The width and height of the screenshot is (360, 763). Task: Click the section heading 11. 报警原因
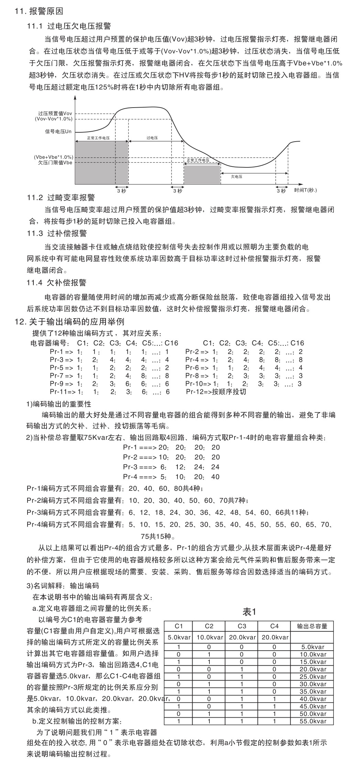coord(39,11)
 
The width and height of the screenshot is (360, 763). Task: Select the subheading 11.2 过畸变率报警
coord(61,198)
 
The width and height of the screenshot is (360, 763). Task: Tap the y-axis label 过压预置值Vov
coord(55,113)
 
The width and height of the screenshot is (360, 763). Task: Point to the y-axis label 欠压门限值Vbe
coord(55,163)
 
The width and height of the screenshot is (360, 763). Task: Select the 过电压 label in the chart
coord(152,138)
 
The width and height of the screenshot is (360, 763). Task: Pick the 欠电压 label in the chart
coord(237,176)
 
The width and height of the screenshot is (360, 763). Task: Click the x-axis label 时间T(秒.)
coord(306,190)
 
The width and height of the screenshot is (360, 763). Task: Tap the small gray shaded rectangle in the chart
coord(202,174)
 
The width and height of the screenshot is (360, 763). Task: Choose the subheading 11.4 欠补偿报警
coord(57,283)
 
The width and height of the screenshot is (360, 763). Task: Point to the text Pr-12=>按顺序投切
coord(216,392)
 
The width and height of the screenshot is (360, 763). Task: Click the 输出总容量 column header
coord(312,626)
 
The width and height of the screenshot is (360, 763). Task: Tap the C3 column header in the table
coord(242,626)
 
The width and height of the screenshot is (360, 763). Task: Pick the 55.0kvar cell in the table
coord(313,721)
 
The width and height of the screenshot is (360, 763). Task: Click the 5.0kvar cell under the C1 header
coord(179,637)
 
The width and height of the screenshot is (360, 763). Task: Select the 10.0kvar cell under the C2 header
coord(210,637)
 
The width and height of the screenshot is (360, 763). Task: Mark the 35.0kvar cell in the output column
coord(313,692)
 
